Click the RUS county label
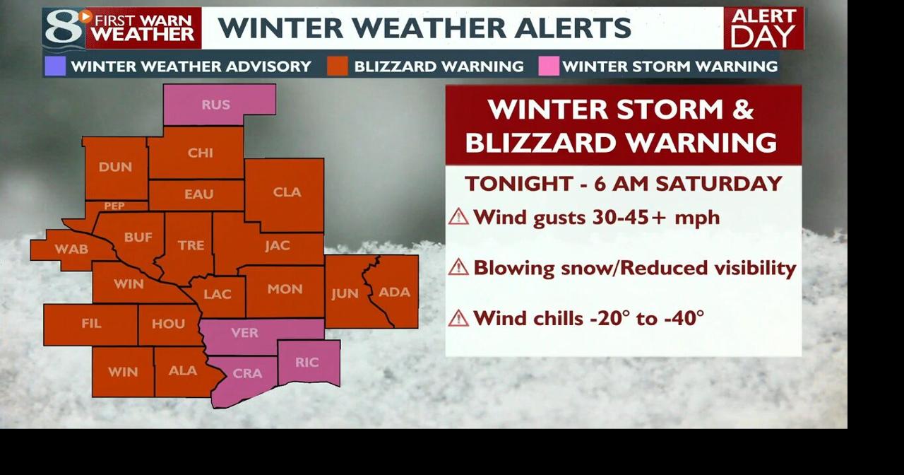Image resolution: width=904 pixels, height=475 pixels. point(215,105)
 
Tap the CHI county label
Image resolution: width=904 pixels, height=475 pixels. point(201,153)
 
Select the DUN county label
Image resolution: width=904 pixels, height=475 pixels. point(115,168)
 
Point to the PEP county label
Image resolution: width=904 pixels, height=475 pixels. point(114,206)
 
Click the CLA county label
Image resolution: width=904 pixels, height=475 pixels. point(287,192)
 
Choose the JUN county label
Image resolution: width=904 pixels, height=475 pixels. point(345,293)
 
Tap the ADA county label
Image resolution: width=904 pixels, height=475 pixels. point(394,292)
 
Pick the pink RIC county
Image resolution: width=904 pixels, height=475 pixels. point(307,363)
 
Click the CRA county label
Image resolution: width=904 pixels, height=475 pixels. point(247,373)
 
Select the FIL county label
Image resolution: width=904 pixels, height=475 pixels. point(91,324)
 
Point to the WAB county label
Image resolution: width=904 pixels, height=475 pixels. point(71,249)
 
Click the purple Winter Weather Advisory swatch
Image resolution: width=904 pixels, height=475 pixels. point(55,66)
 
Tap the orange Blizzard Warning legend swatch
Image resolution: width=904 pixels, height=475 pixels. point(338,66)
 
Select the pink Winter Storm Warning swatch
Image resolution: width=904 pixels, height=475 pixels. point(549,66)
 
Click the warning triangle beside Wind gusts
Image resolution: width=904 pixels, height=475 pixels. point(458,217)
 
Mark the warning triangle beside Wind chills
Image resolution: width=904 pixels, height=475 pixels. point(458,318)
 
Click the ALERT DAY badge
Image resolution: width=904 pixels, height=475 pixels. point(763,28)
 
